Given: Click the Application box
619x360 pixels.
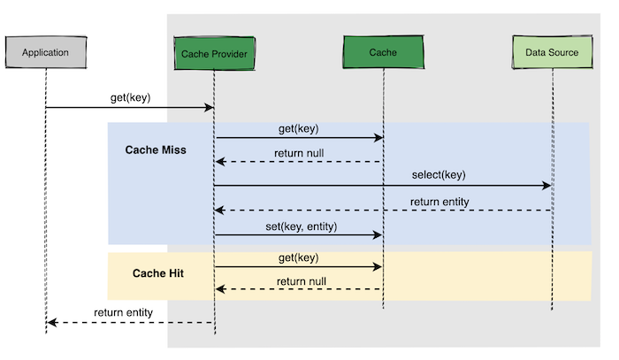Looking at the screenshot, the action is point(46,52).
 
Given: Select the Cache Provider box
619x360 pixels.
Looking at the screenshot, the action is point(214,53).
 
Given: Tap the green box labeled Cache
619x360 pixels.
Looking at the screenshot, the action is point(383,51).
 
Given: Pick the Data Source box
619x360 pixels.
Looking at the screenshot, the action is point(553,51).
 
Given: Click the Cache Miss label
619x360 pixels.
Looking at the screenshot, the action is point(156,150).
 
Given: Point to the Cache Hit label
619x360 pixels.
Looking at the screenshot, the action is point(158,273).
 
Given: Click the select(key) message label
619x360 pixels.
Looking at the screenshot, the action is point(439,175).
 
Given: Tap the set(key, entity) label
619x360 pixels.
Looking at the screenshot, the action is point(302,226).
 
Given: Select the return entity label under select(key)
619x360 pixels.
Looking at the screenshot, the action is point(439,202).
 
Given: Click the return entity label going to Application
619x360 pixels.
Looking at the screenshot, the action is point(123,312).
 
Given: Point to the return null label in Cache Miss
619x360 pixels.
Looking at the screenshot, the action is point(299,153).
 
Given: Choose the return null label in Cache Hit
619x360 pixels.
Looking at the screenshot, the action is point(302,281).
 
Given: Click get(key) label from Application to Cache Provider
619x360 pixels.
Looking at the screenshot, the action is point(130,98).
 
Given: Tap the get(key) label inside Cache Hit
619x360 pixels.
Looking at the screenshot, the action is point(299,257).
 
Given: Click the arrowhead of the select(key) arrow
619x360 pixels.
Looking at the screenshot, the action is point(547,186).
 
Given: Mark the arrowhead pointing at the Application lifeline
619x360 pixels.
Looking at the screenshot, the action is point(52,323).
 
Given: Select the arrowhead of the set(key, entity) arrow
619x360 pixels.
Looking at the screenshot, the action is point(378,235).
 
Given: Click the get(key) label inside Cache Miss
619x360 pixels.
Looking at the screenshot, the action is point(299,128).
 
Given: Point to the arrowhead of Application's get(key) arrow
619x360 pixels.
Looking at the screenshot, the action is point(210,107).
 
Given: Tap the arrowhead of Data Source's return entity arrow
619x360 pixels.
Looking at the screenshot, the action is point(219,211).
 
